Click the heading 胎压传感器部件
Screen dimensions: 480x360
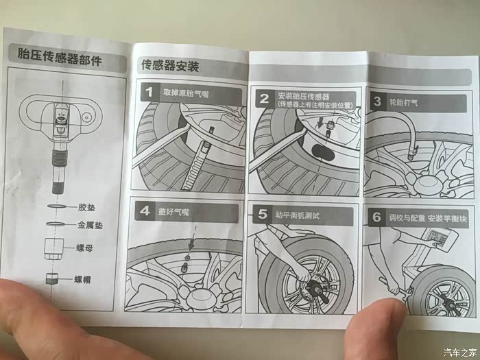click(60, 56)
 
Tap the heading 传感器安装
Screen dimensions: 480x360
click(170, 66)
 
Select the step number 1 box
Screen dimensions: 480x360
click(149, 92)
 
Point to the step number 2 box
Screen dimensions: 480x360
click(264, 99)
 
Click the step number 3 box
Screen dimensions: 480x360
click(377, 101)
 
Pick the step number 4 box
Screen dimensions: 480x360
click(145, 211)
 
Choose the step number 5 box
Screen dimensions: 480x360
click(263, 214)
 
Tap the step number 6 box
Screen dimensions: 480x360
click(376, 217)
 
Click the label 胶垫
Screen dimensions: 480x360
click(86, 208)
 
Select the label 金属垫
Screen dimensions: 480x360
click(90, 226)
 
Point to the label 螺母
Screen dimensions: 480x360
click(84, 248)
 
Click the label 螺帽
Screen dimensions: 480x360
click(82, 279)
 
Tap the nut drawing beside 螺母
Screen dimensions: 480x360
click(54, 248)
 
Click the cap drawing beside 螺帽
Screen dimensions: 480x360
click(51, 278)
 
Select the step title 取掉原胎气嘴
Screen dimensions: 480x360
click(186, 93)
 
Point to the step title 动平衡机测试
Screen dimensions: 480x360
click(297, 215)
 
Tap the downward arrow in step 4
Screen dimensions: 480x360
click(193, 239)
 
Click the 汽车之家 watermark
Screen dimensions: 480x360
click(460, 352)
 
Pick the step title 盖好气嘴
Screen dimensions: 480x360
click(173, 211)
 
